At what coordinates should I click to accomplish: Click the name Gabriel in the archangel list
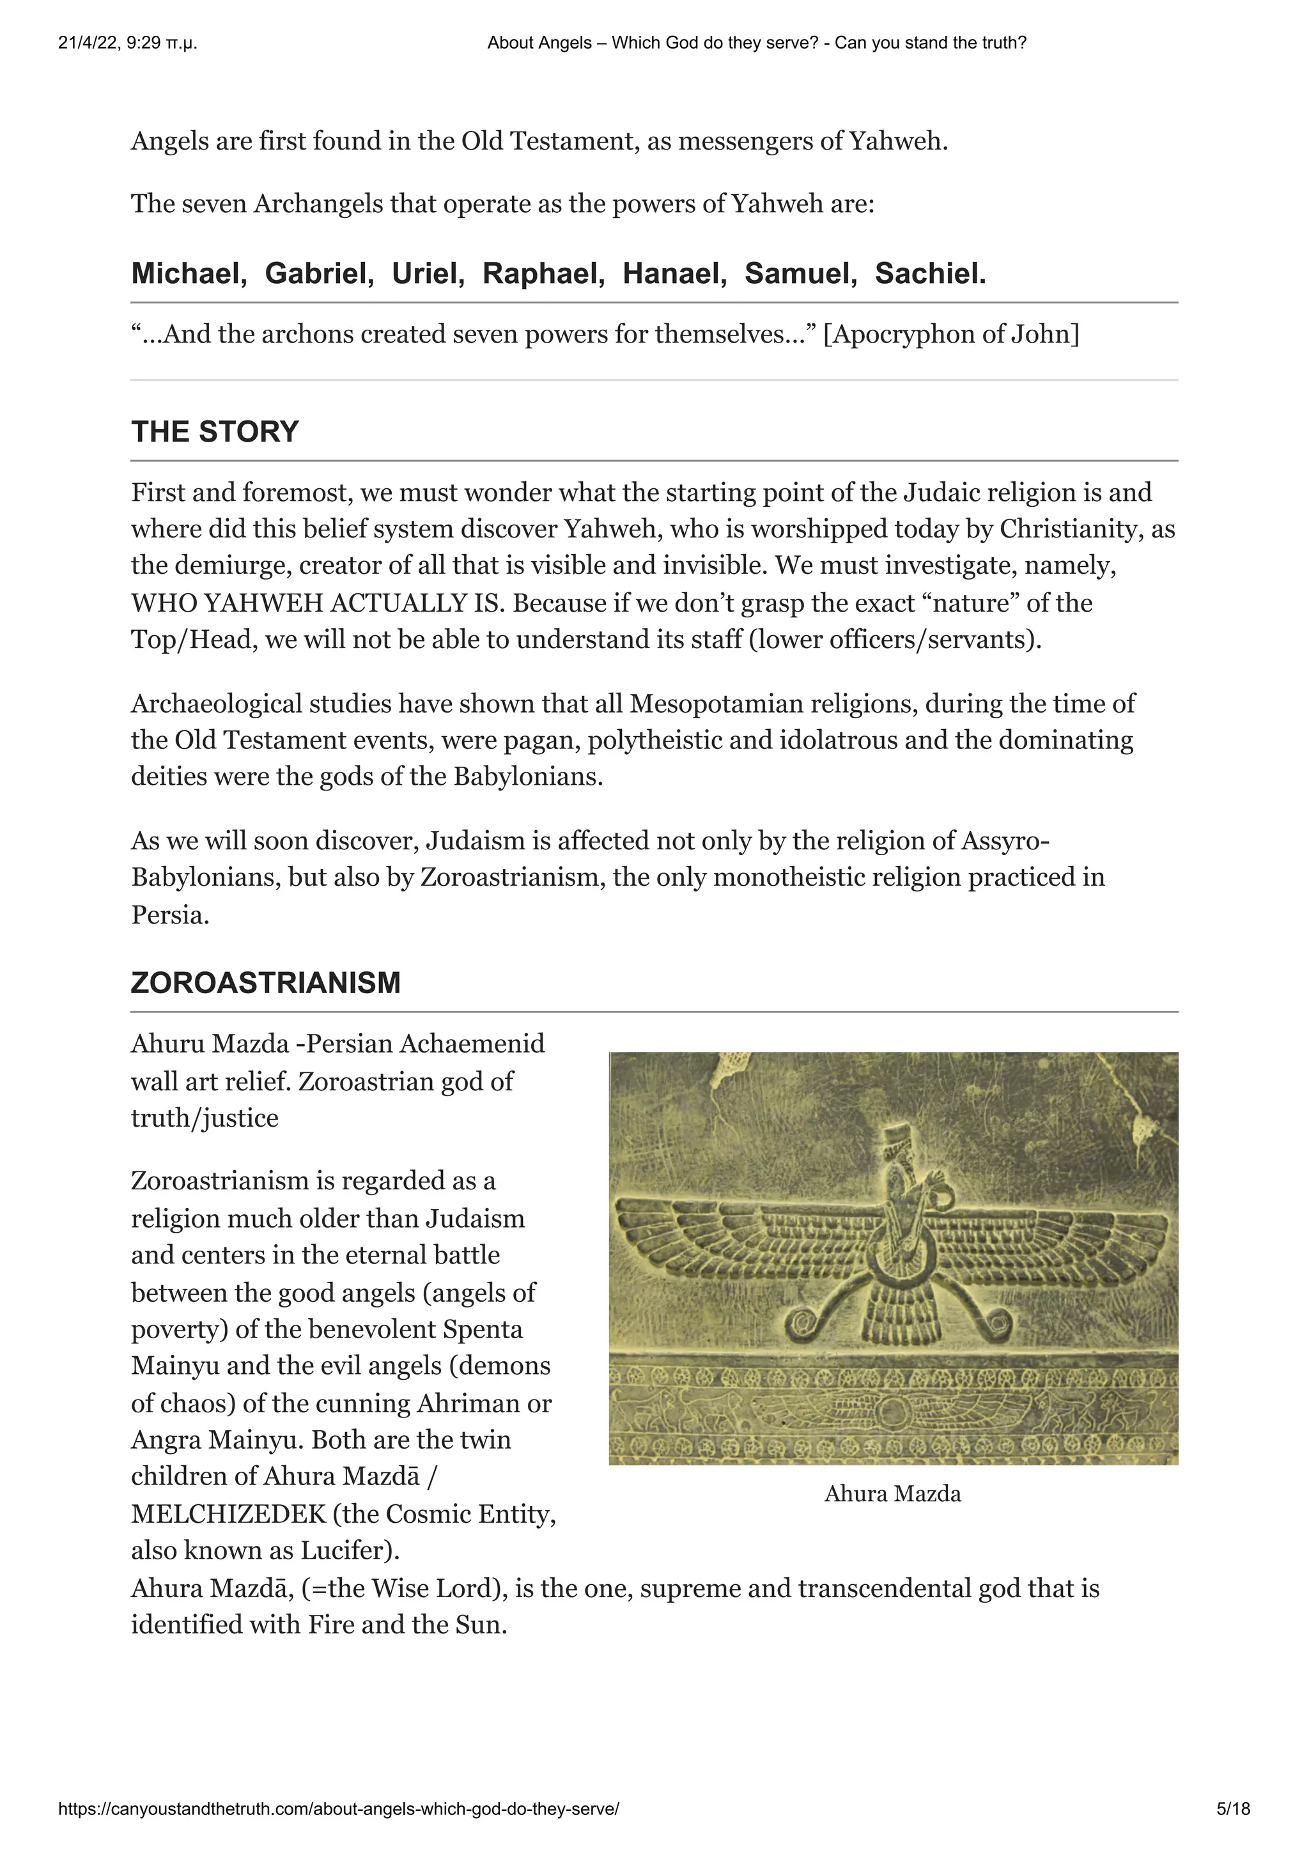pyautogui.click(x=318, y=274)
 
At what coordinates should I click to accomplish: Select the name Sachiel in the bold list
pyautogui.click(x=930, y=274)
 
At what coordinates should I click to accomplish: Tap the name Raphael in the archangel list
pyautogui.click(x=543, y=274)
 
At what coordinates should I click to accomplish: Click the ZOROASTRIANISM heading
pyautogui.click(x=265, y=982)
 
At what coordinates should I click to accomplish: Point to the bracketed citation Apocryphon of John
pyautogui.click(x=951, y=334)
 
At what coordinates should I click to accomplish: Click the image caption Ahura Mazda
pyautogui.click(x=892, y=1494)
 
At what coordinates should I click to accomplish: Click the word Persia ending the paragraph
pyautogui.click(x=169, y=914)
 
